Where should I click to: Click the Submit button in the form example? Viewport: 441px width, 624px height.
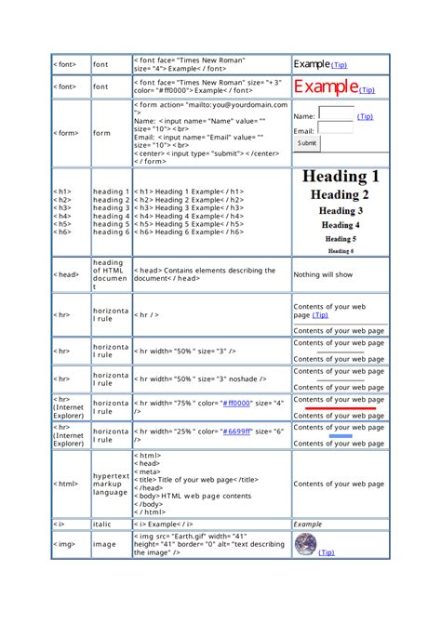[x=307, y=144]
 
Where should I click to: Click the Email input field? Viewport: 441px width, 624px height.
[x=335, y=132]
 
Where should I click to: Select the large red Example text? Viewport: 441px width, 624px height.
[x=326, y=87]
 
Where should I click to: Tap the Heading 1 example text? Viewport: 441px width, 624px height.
[x=341, y=177]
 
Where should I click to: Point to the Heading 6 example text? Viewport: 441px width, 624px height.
[x=341, y=250]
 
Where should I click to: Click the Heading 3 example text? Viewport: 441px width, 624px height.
[x=341, y=211]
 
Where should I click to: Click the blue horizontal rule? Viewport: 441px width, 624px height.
[x=341, y=434]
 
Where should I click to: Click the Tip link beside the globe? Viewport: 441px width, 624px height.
[x=327, y=553]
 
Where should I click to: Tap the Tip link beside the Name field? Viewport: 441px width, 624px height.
[x=365, y=117]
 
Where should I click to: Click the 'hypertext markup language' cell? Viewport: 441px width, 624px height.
[x=111, y=485]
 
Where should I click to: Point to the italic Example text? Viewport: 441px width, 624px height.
[x=308, y=524]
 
